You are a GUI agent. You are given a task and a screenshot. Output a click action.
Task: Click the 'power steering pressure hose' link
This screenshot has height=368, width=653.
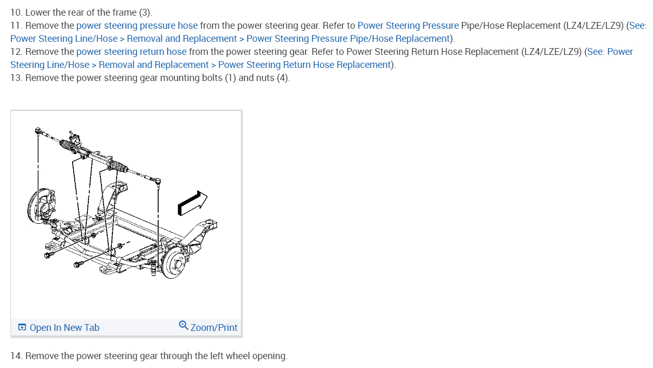[x=137, y=25]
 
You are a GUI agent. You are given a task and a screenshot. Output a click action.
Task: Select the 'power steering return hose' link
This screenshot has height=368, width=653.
[x=131, y=51]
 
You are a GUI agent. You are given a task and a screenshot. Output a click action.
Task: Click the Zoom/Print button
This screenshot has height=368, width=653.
[x=214, y=328]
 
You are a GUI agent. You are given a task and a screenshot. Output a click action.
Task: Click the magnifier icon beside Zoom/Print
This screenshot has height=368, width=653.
[x=184, y=325]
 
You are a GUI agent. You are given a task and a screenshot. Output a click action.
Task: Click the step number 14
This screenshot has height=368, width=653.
[x=16, y=356]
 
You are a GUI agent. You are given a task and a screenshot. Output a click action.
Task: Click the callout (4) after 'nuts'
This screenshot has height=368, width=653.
[x=282, y=78]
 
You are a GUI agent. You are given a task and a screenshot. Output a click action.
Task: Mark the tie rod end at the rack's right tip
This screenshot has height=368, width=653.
[x=158, y=181]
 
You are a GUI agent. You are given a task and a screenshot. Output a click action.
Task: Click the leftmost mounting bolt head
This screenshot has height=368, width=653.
[x=48, y=255]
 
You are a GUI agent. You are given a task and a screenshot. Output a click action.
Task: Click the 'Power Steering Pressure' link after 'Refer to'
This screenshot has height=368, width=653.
[x=408, y=25]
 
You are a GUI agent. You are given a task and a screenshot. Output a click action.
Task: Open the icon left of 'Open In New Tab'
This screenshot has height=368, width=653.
[x=22, y=328]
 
